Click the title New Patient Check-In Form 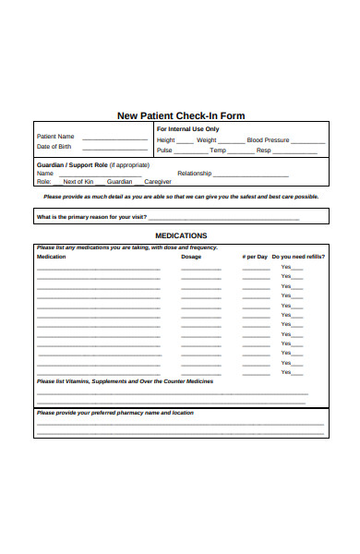pos(181,116)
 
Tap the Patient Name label pos(55,137)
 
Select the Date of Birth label pos(54,147)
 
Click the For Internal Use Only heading pos(187,129)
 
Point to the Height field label pos(166,140)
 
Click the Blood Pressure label pos(268,140)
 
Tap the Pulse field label pos(164,151)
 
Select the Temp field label pos(218,151)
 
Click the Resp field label pos(264,151)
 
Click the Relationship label pos(195,174)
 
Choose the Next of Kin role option pos(78,182)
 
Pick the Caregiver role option pos(159,182)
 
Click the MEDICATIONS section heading pos(181,236)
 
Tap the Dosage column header pos(191,257)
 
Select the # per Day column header pos(255,257)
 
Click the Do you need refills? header pos(298,257)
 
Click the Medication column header pos(51,257)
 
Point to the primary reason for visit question pos(91,217)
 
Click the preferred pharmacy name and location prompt pos(114,413)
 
